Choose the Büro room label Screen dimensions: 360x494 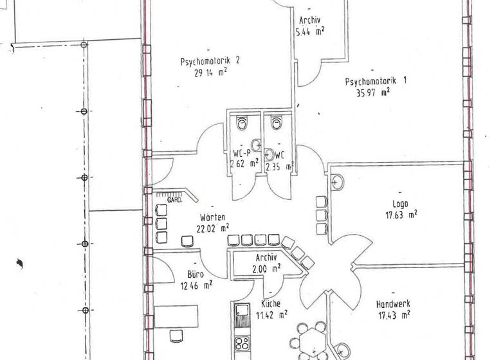[196, 273]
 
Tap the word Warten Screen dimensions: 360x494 [212, 217]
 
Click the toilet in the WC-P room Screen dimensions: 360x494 [242, 122]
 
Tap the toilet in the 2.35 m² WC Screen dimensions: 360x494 [277, 122]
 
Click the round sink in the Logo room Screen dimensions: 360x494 [336, 182]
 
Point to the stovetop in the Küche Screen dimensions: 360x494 [243, 343]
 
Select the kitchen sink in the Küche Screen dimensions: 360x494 [242, 315]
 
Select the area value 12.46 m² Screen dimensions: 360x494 [196, 283]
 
